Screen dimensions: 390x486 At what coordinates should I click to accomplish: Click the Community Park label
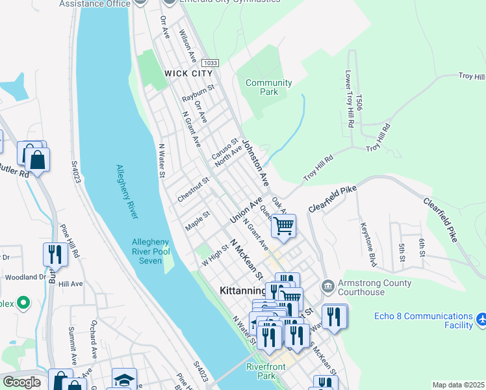tap(268, 87)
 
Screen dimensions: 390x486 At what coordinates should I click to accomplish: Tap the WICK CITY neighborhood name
tap(188, 73)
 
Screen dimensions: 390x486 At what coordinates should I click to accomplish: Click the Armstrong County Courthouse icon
tap(327, 285)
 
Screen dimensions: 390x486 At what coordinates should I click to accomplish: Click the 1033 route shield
tap(210, 62)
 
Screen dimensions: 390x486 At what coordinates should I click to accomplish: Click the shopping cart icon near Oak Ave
tap(283, 226)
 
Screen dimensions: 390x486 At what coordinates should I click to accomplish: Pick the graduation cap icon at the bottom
tap(123, 380)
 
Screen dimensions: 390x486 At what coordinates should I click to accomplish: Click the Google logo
tap(21, 382)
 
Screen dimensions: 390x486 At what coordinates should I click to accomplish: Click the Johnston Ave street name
tap(255, 159)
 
